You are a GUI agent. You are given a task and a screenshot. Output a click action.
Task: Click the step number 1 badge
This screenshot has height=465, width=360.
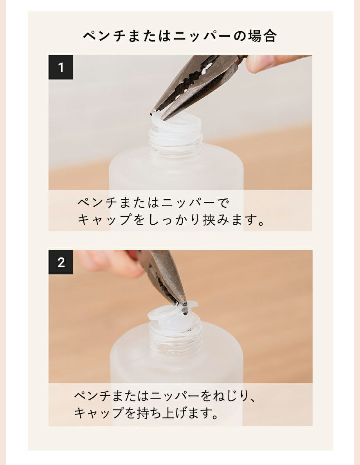click(x=61, y=67)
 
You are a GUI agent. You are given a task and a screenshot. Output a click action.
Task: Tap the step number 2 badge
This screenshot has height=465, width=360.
click(x=61, y=262)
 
